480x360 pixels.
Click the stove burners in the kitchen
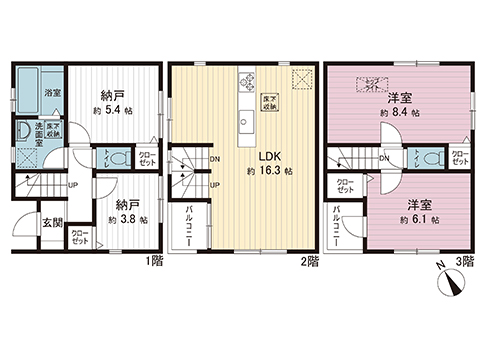(x=245, y=84)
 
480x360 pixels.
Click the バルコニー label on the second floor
(x=190, y=226)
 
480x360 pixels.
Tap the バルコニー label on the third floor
(x=337, y=226)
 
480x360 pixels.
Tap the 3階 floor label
(x=462, y=261)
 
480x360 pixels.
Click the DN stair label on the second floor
(x=215, y=158)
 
